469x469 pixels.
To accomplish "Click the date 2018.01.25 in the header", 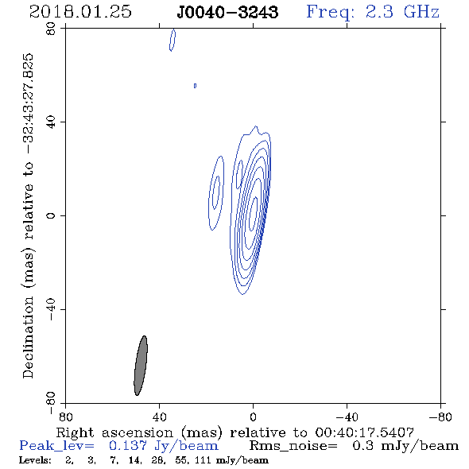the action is click(80, 12).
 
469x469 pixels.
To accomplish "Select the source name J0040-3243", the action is click(227, 12).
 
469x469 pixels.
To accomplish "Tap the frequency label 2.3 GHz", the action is click(402, 12).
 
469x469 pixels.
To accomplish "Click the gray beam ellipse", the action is click(141, 366).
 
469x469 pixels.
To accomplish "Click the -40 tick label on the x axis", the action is click(347, 417).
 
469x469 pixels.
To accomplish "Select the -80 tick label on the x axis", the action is click(440, 417).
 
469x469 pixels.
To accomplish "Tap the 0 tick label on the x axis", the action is click(253, 417).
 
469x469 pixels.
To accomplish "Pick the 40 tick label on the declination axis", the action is click(51, 122).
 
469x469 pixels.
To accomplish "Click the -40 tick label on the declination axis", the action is click(51, 309).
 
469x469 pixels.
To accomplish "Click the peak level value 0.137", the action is click(128, 446).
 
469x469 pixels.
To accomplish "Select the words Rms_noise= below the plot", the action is click(293, 446).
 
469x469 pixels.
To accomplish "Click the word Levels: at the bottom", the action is click(35, 459).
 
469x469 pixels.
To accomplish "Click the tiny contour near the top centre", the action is click(195, 86).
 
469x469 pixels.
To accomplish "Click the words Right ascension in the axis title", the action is click(114, 432).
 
